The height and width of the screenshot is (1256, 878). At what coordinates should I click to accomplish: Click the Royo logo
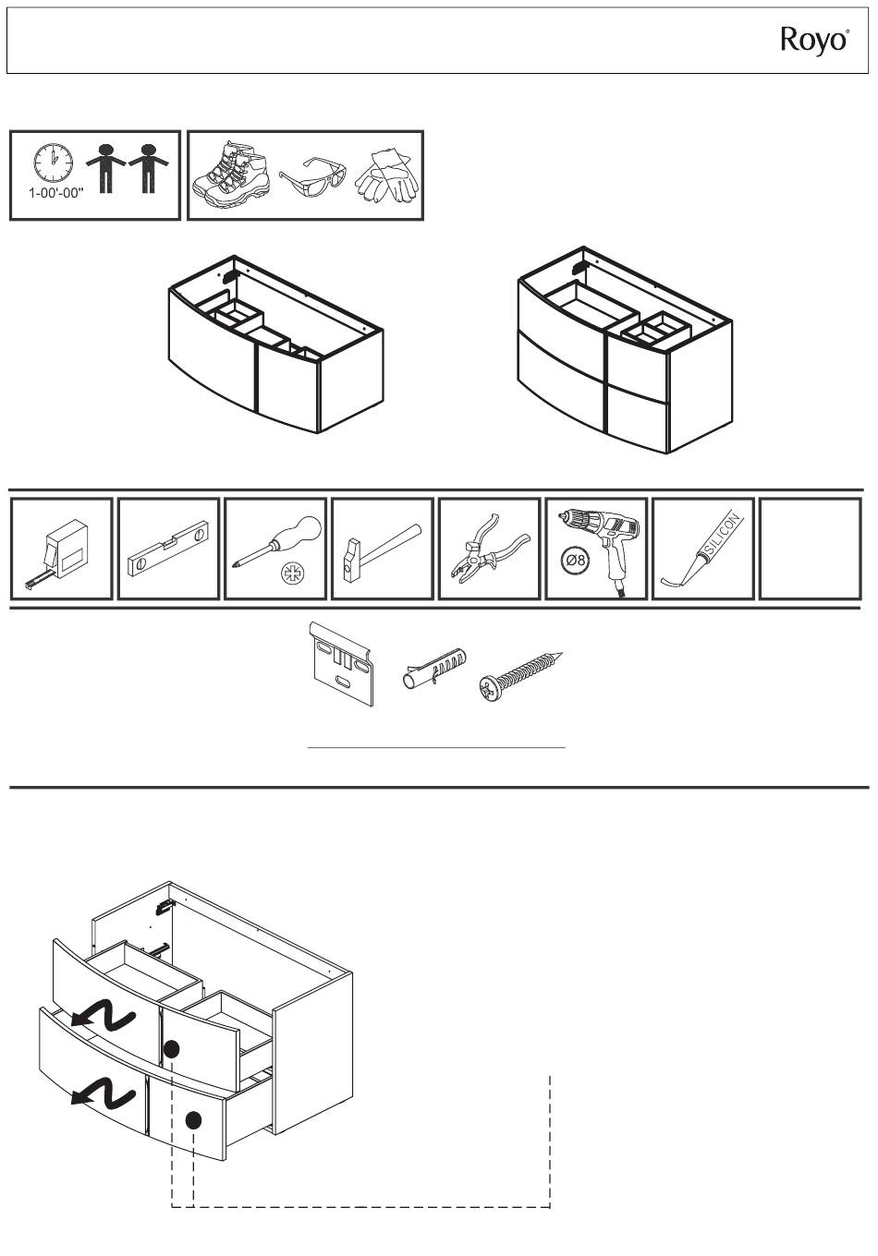pos(814,42)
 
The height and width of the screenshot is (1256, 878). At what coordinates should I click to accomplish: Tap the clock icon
pos(54,163)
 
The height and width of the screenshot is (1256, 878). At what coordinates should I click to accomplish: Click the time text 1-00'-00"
pos(56,193)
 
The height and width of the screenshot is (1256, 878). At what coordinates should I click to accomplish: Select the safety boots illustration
pos(231,175)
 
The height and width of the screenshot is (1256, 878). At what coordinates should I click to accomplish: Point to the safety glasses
pos(312,177)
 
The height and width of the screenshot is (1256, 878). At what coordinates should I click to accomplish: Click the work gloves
pos(387,175)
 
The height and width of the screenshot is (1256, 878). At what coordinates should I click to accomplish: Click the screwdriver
pos(277,541)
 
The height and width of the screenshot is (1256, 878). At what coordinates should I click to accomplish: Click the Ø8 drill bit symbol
pos(575,561)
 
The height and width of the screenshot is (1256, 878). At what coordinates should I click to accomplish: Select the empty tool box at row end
pos(811,549)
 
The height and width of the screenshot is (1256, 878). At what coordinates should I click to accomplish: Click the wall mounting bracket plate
pos(341,663)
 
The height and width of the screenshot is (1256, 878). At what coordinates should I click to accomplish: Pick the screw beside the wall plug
pos(520,674)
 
